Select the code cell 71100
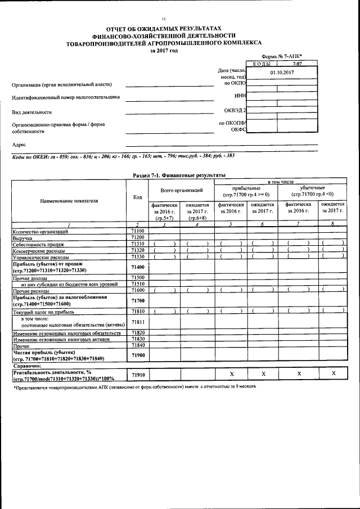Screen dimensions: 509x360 (x=138, y=231)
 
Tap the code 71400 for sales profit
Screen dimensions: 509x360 (x=138, y=267)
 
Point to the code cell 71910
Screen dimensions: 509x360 (x=138, y=373)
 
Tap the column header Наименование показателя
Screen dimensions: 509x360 (x=70, y=200)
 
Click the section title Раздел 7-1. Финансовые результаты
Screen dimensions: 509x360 (x=179, y=175)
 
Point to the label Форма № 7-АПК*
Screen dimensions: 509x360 (x=282, y=57)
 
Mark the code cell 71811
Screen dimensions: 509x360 (x=138, y=322)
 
